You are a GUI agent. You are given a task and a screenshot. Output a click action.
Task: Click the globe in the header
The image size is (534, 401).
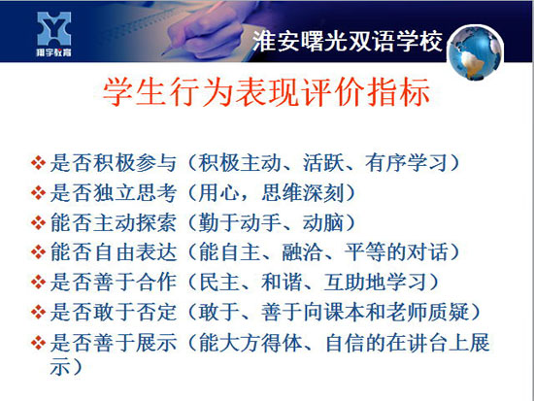[476, 52]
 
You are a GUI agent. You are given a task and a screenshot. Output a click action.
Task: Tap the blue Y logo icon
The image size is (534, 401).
[54, 29]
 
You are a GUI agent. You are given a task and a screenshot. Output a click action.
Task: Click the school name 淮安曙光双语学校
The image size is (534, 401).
[348, 42]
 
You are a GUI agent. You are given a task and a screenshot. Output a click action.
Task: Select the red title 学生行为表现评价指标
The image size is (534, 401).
[266, 92]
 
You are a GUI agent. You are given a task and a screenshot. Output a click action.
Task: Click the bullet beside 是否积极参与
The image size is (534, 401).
[38, 162]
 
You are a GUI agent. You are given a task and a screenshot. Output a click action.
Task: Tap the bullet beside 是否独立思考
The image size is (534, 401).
[38, 192]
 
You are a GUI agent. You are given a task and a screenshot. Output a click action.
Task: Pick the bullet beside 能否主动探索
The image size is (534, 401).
[38, 222]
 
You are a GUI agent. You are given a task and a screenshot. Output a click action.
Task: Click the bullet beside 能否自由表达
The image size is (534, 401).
[38, 252]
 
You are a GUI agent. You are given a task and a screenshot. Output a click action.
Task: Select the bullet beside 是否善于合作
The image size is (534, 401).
[38, 283]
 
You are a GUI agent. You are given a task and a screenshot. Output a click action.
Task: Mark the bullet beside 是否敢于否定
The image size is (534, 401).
[38, 312]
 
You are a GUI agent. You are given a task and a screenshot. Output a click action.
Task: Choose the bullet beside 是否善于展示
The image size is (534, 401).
[38, 343]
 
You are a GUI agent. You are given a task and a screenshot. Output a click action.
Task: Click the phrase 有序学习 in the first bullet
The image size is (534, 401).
[406, 163]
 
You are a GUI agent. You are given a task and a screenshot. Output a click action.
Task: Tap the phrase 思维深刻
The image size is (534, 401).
[302, 193]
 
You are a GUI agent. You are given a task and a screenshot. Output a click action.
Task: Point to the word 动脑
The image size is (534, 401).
[323, 222]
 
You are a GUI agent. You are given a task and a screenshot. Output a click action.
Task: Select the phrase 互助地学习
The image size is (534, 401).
[375, 283]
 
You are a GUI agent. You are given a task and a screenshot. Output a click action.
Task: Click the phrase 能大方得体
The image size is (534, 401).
[250, 343]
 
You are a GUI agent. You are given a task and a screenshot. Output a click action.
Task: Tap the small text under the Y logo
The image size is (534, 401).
[54, 52]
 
